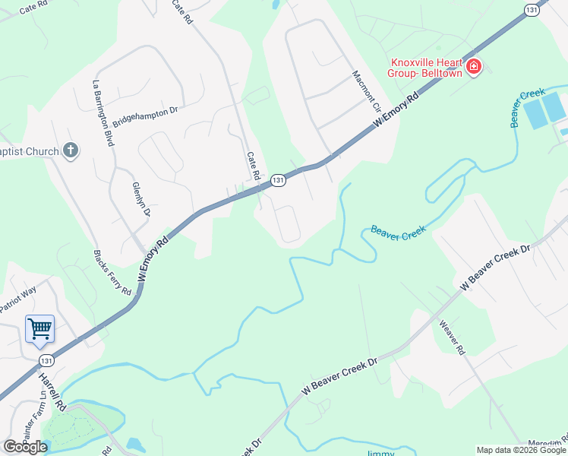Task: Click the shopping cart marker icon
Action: [x=39, y=330]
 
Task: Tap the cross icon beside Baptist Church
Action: [x=71, y=150]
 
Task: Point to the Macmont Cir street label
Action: [x=366, y=93]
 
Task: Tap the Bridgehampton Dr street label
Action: [x=144, y=116]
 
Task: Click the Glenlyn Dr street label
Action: [x=141, y=199]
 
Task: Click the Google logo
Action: [x=25, y=447]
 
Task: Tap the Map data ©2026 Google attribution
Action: [x=521, y=450]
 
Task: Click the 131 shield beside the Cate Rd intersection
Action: [x=279, y=180]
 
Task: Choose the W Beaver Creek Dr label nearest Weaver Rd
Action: [x=495, y=267]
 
